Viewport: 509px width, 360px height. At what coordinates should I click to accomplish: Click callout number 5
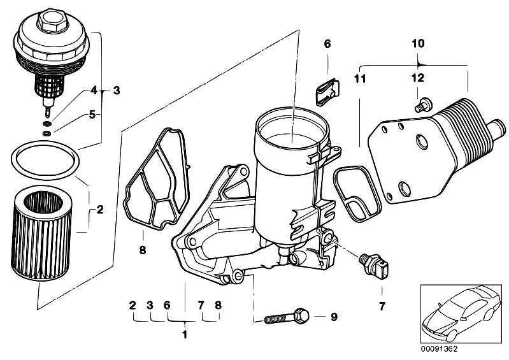[x=92, y=115]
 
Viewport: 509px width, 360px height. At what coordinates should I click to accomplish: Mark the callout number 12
[x=417, y=78]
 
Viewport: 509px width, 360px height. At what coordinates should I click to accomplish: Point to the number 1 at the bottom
[x=185, y=334]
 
